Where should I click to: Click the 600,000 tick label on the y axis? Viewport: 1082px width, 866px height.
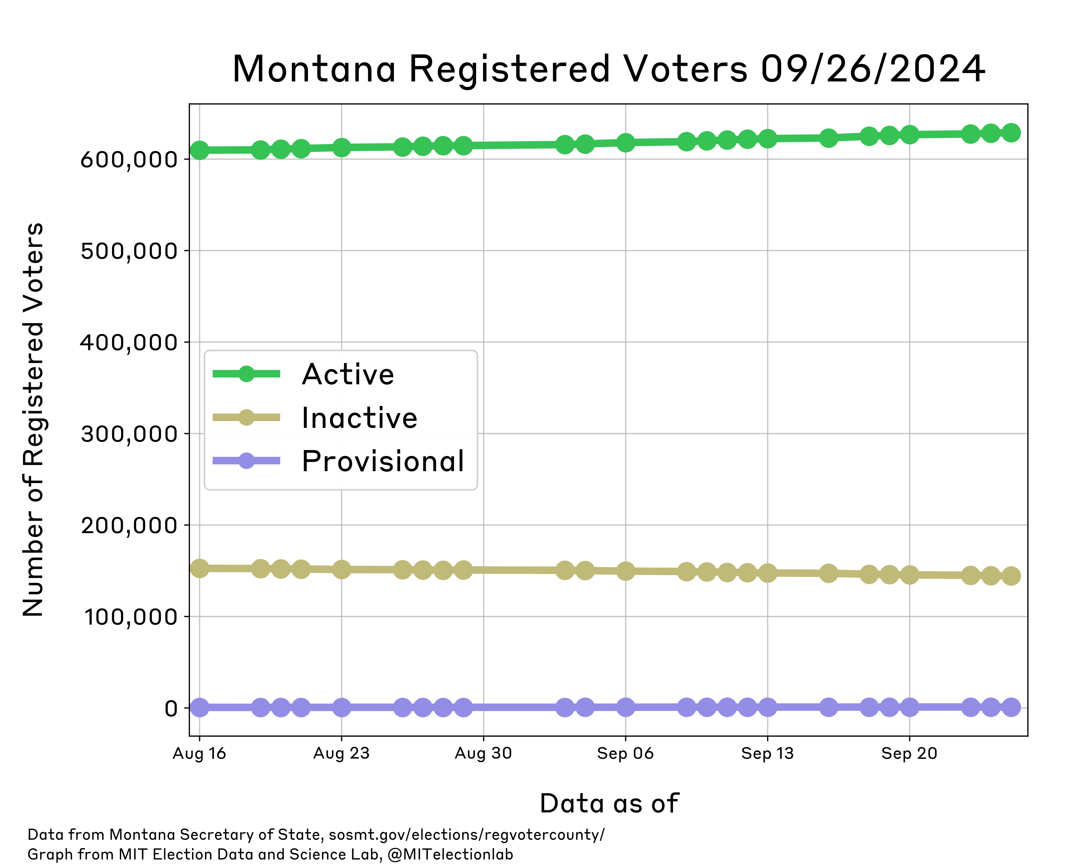(129, 160)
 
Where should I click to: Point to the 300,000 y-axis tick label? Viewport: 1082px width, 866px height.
(129, 434)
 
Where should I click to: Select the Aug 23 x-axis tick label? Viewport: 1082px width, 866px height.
(341, 753)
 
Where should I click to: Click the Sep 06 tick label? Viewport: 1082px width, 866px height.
(625, 753)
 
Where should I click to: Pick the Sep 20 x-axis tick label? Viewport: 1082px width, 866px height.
(909, 753)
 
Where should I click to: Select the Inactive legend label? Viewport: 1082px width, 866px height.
(359, 418)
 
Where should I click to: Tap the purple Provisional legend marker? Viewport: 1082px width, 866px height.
(246, 460)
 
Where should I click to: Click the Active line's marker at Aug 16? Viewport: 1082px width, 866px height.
(200, 150)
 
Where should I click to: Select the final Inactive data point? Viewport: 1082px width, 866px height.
(1011, 576)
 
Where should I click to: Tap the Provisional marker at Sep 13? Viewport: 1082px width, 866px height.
(767, 707)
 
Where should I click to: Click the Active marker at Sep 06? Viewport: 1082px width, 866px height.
(625, 143)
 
